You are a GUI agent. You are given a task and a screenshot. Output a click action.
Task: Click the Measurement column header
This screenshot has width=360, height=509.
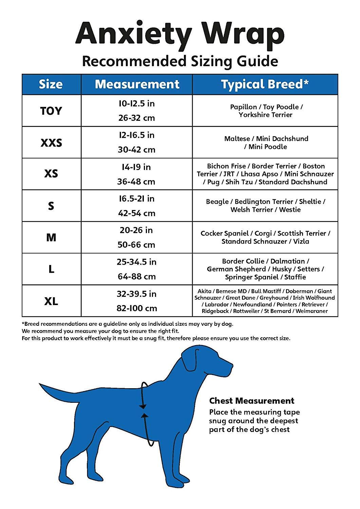(x=137, y=84)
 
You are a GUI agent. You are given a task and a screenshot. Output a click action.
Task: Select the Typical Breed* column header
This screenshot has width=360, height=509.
(x=265, y=84)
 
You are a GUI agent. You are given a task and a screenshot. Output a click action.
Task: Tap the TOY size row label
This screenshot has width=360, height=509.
(x=51, y=111)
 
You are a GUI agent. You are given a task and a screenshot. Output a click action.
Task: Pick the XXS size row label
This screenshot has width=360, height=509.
(x=51, y=143)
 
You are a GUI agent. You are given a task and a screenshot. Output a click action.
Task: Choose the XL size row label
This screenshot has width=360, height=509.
(x=51, y=301)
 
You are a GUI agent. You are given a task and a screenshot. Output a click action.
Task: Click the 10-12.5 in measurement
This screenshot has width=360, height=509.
(x=136, y=103)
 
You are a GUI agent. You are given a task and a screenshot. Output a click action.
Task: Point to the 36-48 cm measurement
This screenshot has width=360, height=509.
(x=136, y=182)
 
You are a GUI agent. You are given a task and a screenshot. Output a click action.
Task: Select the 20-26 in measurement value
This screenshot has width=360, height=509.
(x=136, y=230)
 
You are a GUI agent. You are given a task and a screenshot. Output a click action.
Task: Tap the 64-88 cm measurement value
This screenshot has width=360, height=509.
(x=136, y=277)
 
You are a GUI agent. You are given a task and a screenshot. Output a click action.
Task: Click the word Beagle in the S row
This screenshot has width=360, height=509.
(x=217, y=202)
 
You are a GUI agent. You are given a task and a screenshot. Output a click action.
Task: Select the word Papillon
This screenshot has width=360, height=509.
(x=243, y=107)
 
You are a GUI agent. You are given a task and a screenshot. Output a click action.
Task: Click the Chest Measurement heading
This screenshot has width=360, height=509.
(x=252, y=401)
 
